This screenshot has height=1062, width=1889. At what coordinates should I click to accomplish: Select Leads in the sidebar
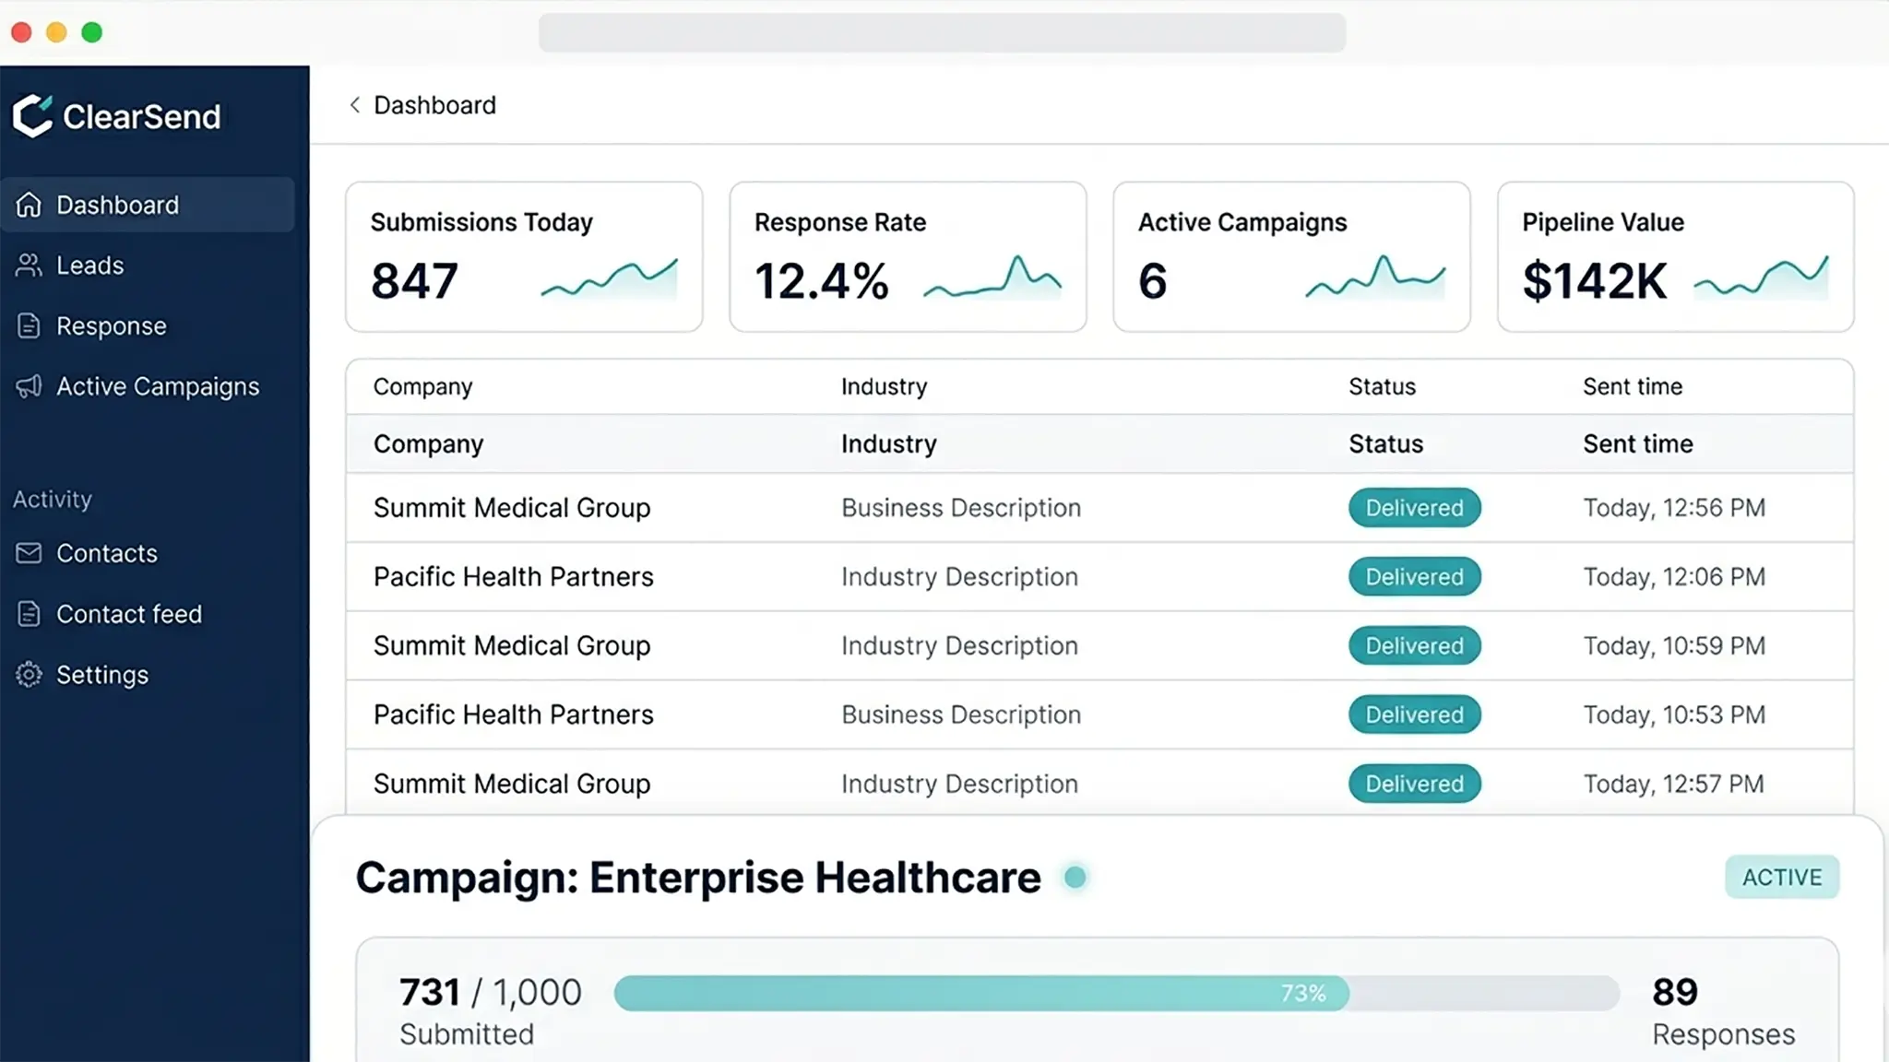click(x=89, y=265)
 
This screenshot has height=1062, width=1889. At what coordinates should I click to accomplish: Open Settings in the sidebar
click(x=101, y=675)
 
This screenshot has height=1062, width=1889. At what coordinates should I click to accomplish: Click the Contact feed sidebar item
click(x=128, y=614)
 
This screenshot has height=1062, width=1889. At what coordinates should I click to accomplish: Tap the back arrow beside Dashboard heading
click(x=355, y=105)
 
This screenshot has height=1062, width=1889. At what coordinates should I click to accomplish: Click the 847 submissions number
click(x=414, y=281)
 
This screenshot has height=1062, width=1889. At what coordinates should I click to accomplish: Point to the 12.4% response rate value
click(x=821, y=281)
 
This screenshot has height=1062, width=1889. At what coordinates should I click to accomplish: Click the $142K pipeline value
click(x=1594, y=281)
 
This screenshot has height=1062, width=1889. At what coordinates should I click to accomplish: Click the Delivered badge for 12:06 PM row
click(x=1414, y=577)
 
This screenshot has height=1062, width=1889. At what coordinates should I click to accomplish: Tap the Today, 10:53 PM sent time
click(x=1673, y=714)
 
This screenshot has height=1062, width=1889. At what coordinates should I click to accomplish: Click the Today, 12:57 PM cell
click(x=1673, y=784)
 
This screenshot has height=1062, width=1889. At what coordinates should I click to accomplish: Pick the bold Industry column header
click(x=888, y=444)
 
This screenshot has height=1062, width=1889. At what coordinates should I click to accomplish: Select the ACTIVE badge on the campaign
click(x=1781, y=877)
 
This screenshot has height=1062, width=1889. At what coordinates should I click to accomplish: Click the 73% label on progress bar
click(x=1302, y=993)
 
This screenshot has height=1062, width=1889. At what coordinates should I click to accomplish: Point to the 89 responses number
click(x=1674, y=993)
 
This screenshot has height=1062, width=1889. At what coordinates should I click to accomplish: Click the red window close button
click(x=21, y=32)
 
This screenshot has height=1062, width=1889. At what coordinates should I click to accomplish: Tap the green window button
click(x=92, y=32)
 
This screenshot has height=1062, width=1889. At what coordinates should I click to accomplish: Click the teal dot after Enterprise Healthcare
click(x=1075, y=877)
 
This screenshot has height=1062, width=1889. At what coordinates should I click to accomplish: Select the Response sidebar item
click(x=111, y=326)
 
